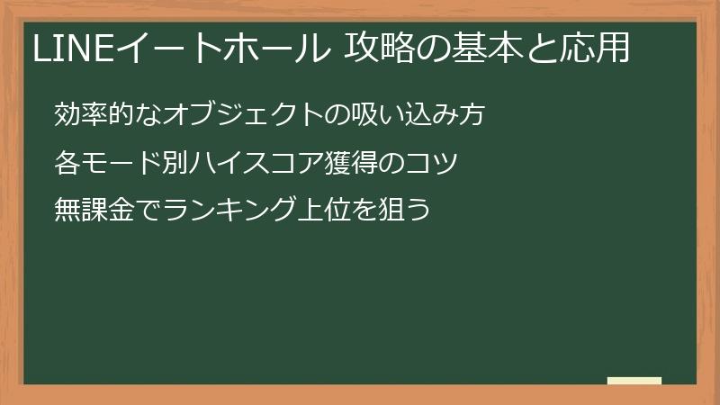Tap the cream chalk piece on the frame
pyautogui.click(x=634, y=381)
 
